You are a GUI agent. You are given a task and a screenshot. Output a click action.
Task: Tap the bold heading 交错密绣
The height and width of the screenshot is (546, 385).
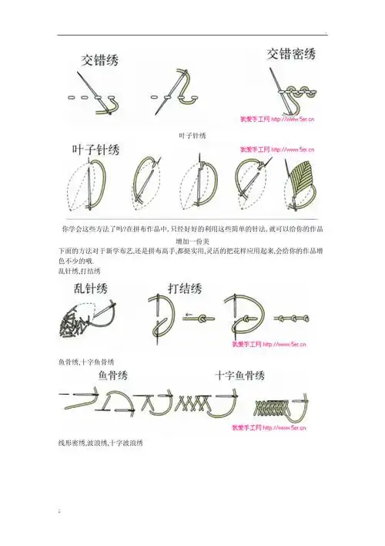click(x=290, y=54)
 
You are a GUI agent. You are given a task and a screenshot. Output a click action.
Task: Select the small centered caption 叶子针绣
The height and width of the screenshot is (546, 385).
click(x=192, y=135)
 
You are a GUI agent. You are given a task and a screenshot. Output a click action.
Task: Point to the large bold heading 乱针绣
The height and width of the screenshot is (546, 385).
click(x=91, y=290)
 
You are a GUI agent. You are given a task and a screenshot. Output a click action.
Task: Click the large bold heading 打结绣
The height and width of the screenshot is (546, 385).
click(x=185, y=289)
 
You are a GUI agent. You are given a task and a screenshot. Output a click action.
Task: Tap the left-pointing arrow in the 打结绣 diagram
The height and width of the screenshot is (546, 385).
click(x=189, y=315)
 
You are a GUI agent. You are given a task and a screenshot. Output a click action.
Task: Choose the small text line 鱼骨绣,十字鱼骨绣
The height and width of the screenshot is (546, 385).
click(x=86, y=360)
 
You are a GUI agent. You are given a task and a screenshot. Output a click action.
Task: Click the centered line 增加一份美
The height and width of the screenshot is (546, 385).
click(x=192, y=241)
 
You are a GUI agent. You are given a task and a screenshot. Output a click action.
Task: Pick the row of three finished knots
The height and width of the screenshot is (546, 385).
click(x=290, y=317)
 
